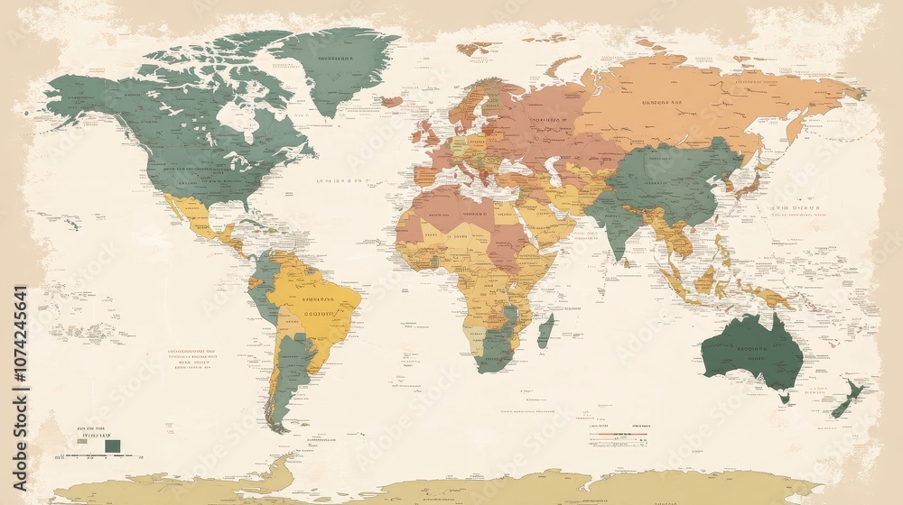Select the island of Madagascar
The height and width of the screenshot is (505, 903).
point(545,331)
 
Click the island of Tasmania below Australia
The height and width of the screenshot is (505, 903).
point(784,397)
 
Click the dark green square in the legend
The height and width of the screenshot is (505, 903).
point(112,445)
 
